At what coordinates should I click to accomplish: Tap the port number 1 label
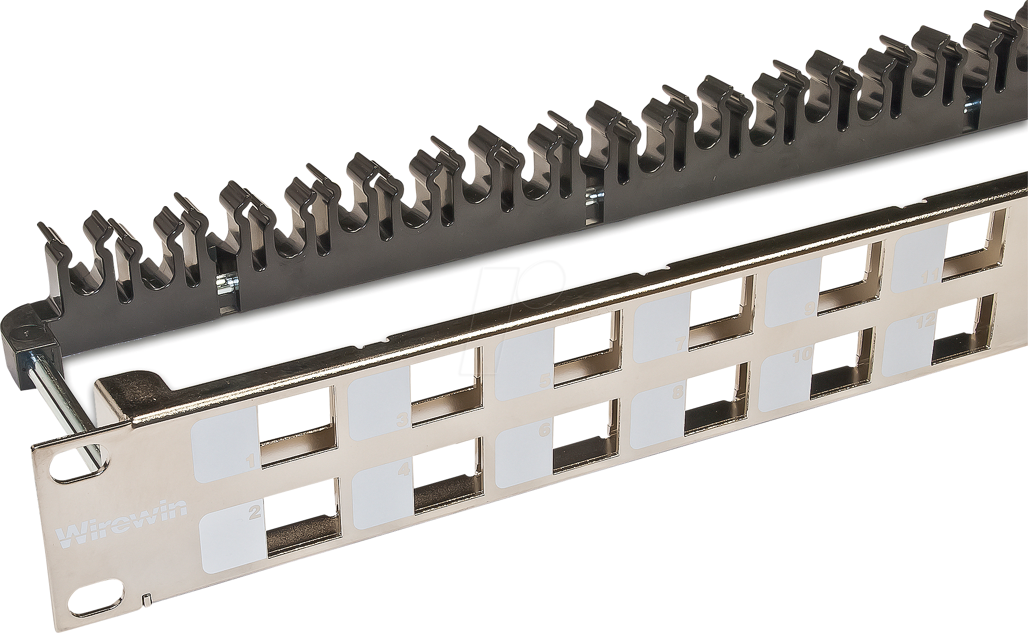tap(250, 462)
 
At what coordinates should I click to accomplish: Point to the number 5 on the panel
tap(545, 381)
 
